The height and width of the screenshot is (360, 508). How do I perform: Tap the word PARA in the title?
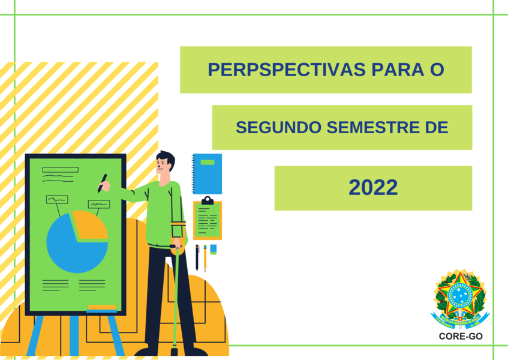pos(398,70)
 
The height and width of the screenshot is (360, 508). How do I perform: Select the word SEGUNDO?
pos(278,127)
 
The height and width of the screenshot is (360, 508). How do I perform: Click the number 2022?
pos(373,188)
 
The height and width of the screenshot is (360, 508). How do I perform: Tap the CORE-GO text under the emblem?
pos(461,337)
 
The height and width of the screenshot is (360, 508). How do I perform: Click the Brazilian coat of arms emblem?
pos(460,299)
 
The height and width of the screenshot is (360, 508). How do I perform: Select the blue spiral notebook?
pos(207,173)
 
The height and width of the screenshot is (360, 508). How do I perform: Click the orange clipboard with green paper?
pos(208,219)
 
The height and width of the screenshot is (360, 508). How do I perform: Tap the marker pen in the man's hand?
pos(102,184)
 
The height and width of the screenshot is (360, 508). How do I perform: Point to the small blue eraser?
pos(213,249)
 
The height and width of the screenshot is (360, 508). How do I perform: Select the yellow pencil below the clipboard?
pos(205,257)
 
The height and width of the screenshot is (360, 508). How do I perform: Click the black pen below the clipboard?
pos(197,257)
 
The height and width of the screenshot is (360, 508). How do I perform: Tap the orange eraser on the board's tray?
pos(102,308)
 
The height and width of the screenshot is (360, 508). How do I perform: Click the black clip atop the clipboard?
pos(208,201)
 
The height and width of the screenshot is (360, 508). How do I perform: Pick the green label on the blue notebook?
pos(208,163)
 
